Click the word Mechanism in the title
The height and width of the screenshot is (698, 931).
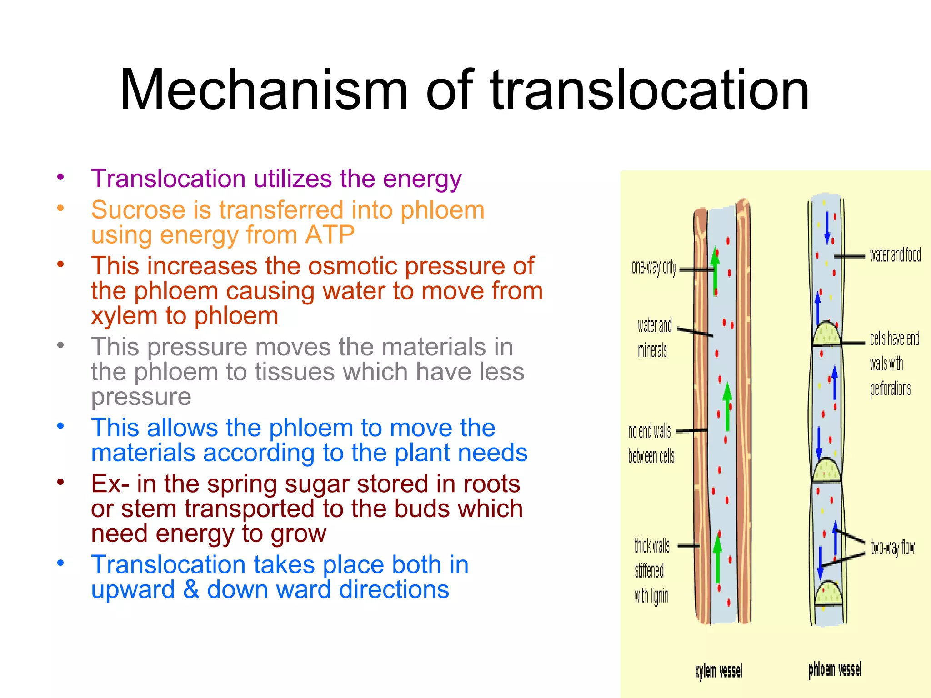click(264, 90)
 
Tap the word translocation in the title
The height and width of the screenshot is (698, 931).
click(650, 90)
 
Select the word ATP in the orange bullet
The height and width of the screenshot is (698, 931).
click(330, 235)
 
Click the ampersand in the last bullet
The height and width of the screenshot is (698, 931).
click(191, 589)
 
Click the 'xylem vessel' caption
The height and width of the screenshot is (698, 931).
click(718, 671)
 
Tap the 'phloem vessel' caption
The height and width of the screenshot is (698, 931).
click(835, 669)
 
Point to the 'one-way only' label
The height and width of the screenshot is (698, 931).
click(654, 268)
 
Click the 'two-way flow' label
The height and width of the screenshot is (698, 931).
click(892, 548)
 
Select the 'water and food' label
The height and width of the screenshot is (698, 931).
click(895, 255)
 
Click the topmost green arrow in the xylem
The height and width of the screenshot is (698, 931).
click(715, 270)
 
